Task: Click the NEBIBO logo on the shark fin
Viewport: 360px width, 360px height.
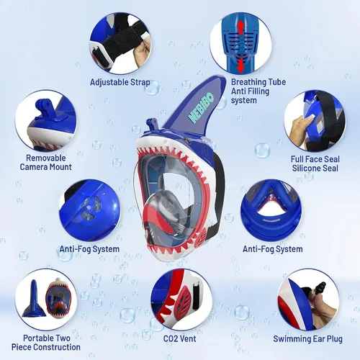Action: [201, 107]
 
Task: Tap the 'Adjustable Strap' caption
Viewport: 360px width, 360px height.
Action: [120, 82]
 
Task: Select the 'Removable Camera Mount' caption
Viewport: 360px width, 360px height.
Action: [45, 163]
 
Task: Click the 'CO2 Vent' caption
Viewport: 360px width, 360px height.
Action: [180, 338]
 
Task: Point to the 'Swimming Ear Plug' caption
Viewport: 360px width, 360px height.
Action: [307, 339]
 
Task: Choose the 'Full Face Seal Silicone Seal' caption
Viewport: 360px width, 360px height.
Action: [315, 163]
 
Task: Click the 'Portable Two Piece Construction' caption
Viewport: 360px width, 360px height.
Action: [46, 343]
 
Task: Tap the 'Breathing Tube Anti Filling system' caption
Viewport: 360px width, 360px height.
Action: [258, 91]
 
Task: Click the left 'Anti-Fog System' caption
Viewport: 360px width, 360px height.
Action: [89, 249]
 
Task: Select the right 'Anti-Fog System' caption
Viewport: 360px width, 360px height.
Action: [272, 249]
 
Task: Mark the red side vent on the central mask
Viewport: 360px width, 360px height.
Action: [202, 237]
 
